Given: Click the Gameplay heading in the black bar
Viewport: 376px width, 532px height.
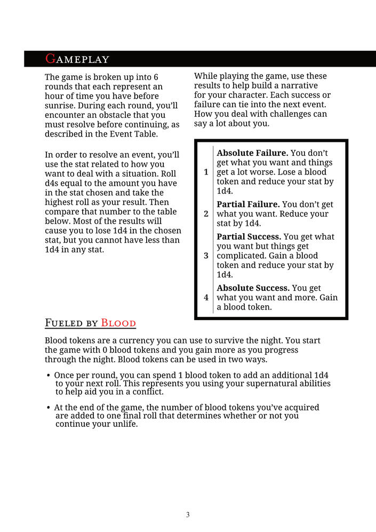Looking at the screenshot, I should tap(77, 59).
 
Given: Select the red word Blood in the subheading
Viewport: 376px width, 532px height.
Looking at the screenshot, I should tap(118, 323).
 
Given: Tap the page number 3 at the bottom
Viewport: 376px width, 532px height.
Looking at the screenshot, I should tap(188, 515).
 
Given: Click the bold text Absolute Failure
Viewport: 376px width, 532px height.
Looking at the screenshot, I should tap(252, 153).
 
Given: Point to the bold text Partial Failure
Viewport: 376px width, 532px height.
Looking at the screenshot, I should tap(248, 204).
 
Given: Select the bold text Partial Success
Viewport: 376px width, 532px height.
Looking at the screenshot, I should tap(249, 236).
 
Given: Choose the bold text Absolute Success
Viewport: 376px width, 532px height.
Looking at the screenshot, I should tap(253, 288).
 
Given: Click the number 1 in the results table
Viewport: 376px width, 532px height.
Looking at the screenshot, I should tap(206, 172).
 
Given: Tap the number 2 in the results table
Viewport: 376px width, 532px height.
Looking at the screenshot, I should tap(206, 213).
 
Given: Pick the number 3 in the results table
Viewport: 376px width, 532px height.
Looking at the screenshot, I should tap(206, 256).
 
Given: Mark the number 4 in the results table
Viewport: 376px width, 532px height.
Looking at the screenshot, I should tap(206, 297).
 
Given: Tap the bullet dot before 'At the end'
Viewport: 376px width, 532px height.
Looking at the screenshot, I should tap(49, 408).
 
